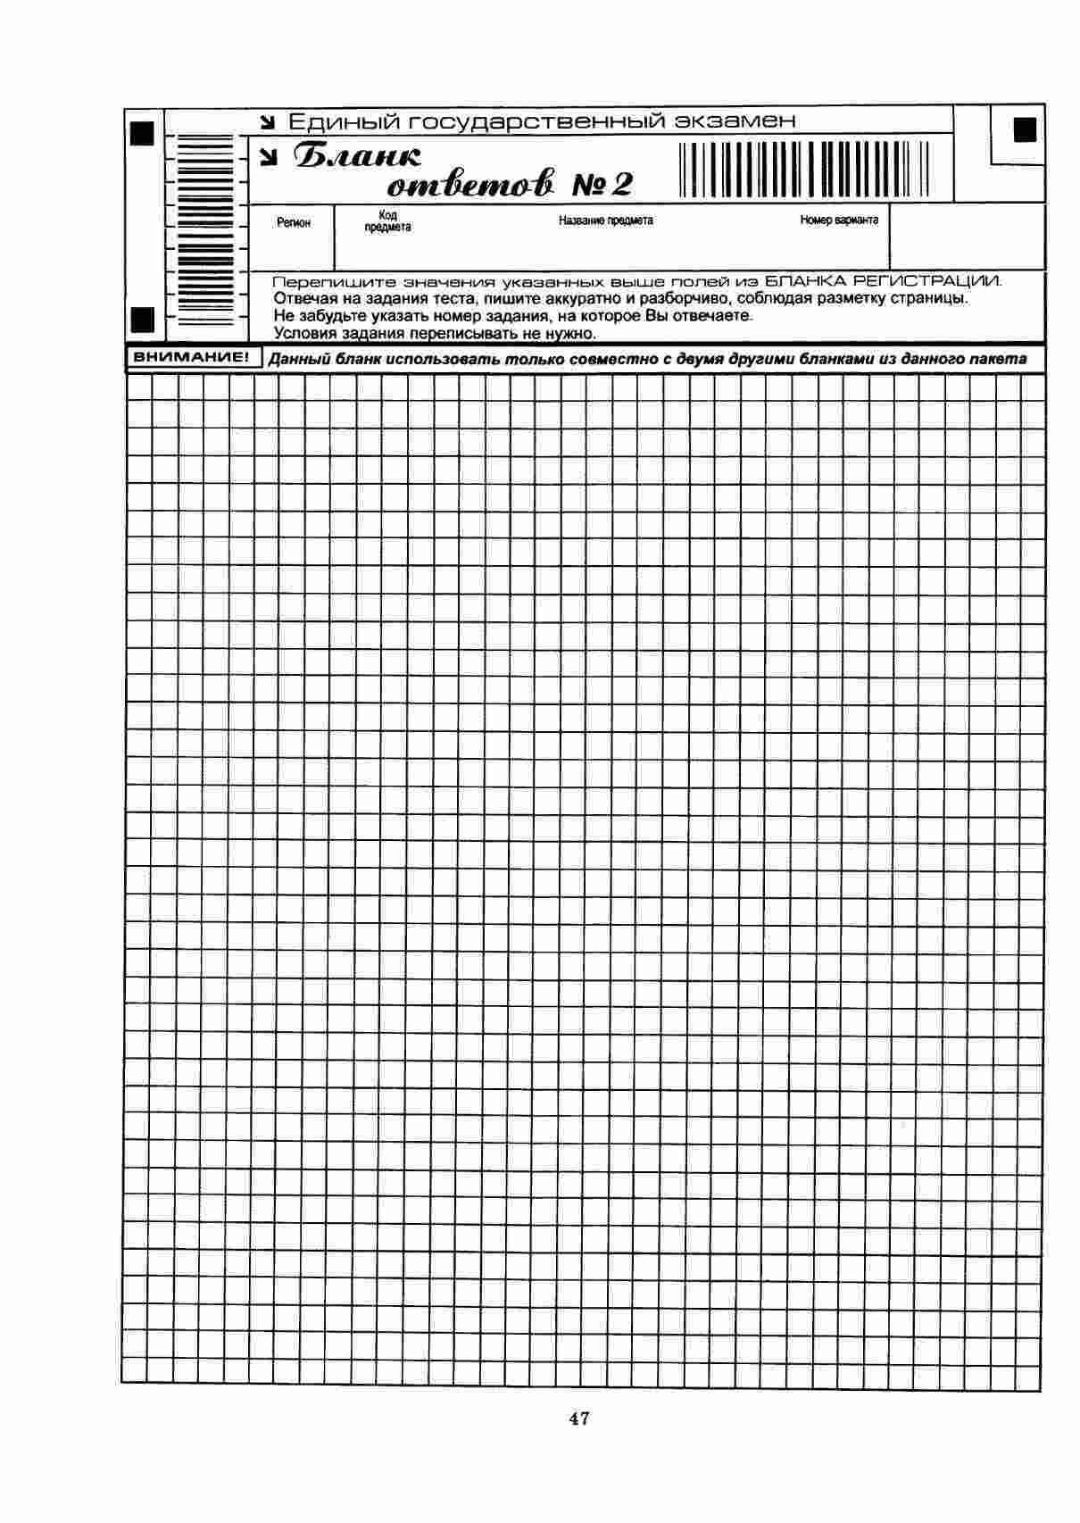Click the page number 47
click(578, 1418)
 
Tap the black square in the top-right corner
click(1026, 129)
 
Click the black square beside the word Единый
click(143, 133)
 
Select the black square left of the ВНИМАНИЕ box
click(143, 319)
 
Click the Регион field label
click(294, 222)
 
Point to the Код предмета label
click(387, 221)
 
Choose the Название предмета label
click(605, 221)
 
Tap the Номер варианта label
click(838, 220)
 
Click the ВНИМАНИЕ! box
click(190, 358)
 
